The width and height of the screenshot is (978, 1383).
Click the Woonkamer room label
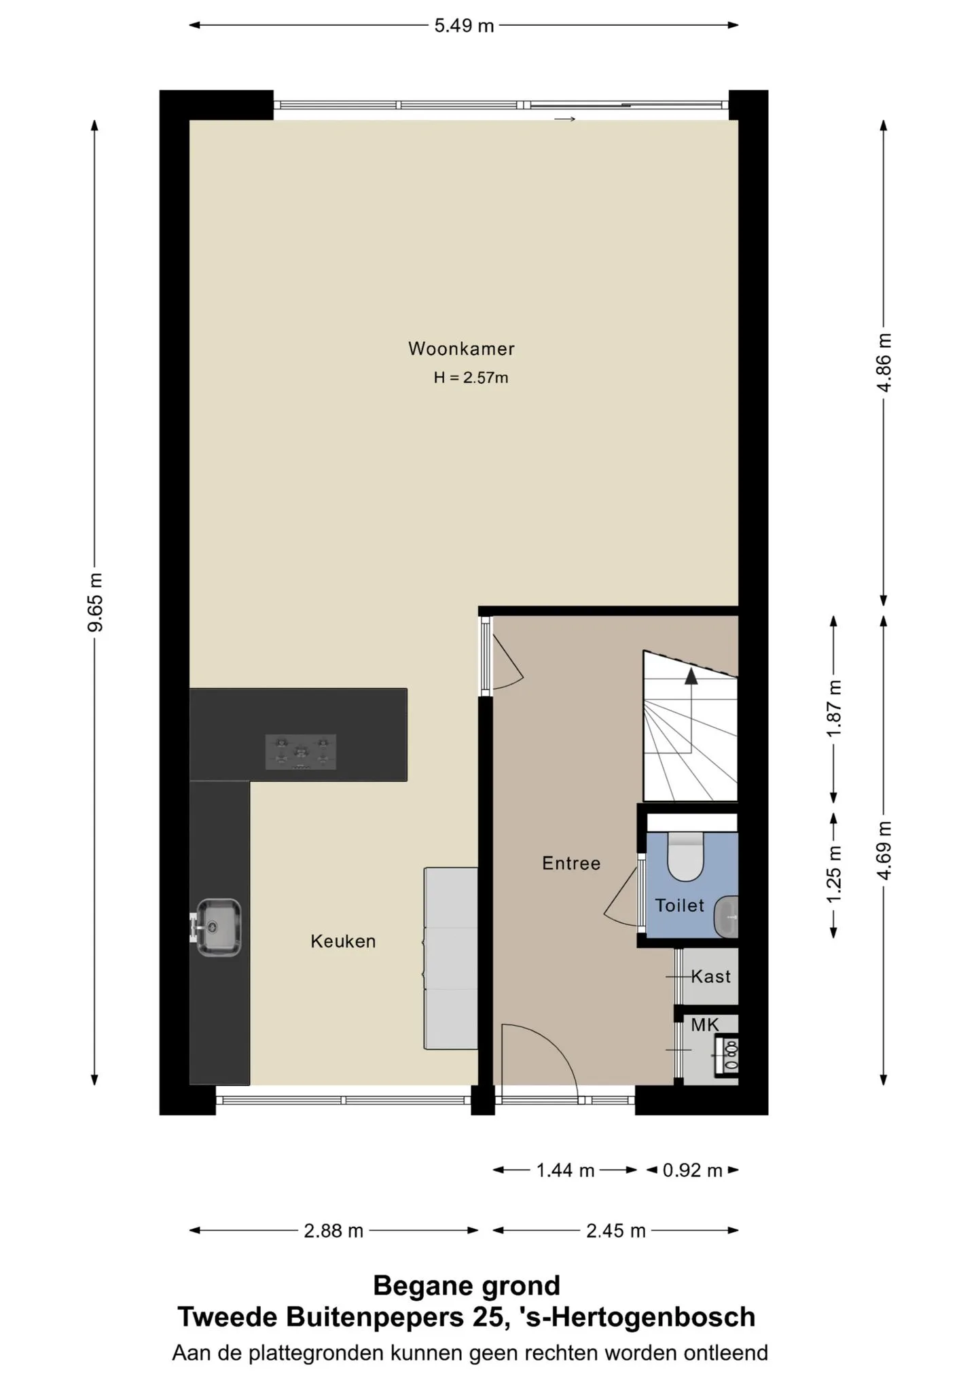(x=461, y=349)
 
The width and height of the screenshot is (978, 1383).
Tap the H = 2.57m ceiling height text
(x=471, y=378)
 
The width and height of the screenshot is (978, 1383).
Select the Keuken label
(x=343, y=941)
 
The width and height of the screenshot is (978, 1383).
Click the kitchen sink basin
(x=219, y=927)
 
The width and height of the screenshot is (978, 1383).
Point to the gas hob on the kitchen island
(x=301, y=752)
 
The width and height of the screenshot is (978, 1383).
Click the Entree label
(x=571, y=863)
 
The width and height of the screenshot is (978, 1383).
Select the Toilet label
(x=680, y=905)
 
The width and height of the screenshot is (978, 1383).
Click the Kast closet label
(x=711, y=977)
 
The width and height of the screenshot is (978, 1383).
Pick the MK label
(x=705, y=1025)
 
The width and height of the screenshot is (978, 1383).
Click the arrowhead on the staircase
(x=691, y=675)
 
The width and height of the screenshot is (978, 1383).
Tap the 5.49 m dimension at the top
(x=465, y=26)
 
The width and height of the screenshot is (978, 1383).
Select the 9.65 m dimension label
(x=95, y=603)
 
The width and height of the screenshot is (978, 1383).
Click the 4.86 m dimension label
(x=884, y=363)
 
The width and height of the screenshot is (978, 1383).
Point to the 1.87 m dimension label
(x=834, y=708)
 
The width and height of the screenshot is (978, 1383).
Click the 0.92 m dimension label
(x=693, y=1170)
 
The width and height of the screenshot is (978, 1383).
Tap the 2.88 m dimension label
(x=333, y=1231)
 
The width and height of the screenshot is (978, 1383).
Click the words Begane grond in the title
(x=467, y=1285)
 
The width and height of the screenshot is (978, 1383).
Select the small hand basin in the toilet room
(x=727, y=917)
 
